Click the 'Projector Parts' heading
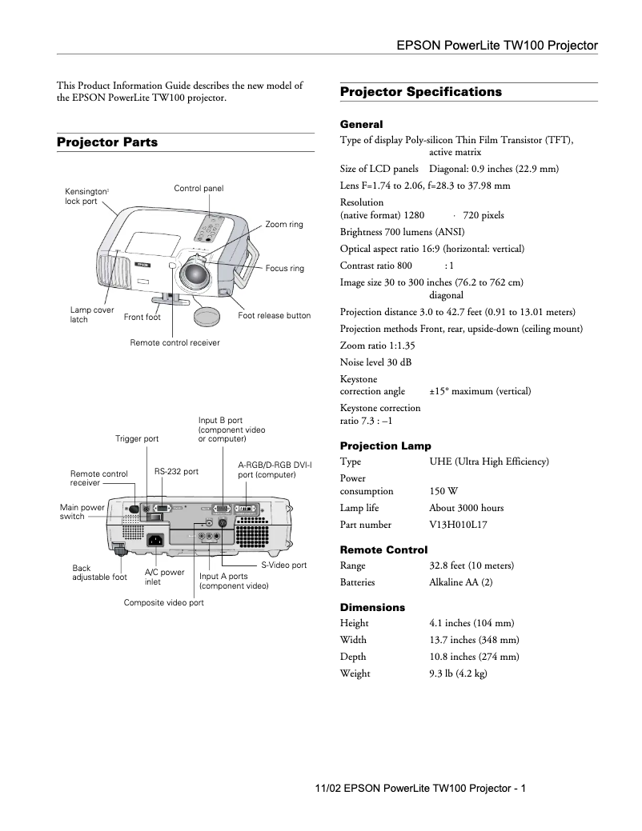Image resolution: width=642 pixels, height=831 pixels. [x=107, y=142]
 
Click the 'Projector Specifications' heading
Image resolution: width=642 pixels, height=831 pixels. [x=420, y=92]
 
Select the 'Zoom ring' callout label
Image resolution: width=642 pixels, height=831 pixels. [x=283, y=225]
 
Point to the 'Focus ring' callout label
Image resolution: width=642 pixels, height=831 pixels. [x=284, y=269]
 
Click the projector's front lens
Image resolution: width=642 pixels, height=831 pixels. [x=195, y=275]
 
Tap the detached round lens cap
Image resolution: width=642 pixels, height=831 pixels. [x=207, y=313]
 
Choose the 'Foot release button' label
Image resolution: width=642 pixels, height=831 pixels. [x=274, y=316]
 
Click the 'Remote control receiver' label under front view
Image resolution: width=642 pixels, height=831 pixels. [x=175, y=342]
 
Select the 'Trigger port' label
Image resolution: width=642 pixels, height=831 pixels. [x=137, y=439]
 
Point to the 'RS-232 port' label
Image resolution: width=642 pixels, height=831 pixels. [x=176, y=472]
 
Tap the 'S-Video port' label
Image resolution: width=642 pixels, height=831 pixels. [x=283, y=565]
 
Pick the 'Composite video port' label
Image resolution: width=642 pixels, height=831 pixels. [x=163, y=602]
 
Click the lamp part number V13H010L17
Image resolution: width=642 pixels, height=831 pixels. [x=458, y=525]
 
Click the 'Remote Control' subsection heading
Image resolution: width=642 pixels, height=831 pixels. [x=383, y=549]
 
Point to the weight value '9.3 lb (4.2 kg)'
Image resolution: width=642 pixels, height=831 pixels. [x=458, y=673]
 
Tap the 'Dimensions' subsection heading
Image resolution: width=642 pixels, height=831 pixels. [x=372, y=608]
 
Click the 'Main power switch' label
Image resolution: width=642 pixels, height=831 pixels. [x=82, y=512]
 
